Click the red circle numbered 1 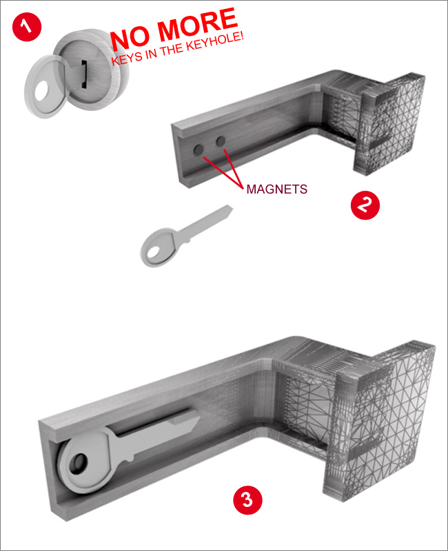pos(27,27)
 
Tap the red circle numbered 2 pos(365,205)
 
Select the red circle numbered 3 pos(247,500)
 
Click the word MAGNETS pos(277,189)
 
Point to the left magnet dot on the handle pos(198,150)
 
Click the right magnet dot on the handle pos(221,142)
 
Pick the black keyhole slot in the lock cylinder pos(84,74)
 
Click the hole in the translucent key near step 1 pos(45,90)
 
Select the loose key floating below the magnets pos(185,236)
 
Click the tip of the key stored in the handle pos(200,418)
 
